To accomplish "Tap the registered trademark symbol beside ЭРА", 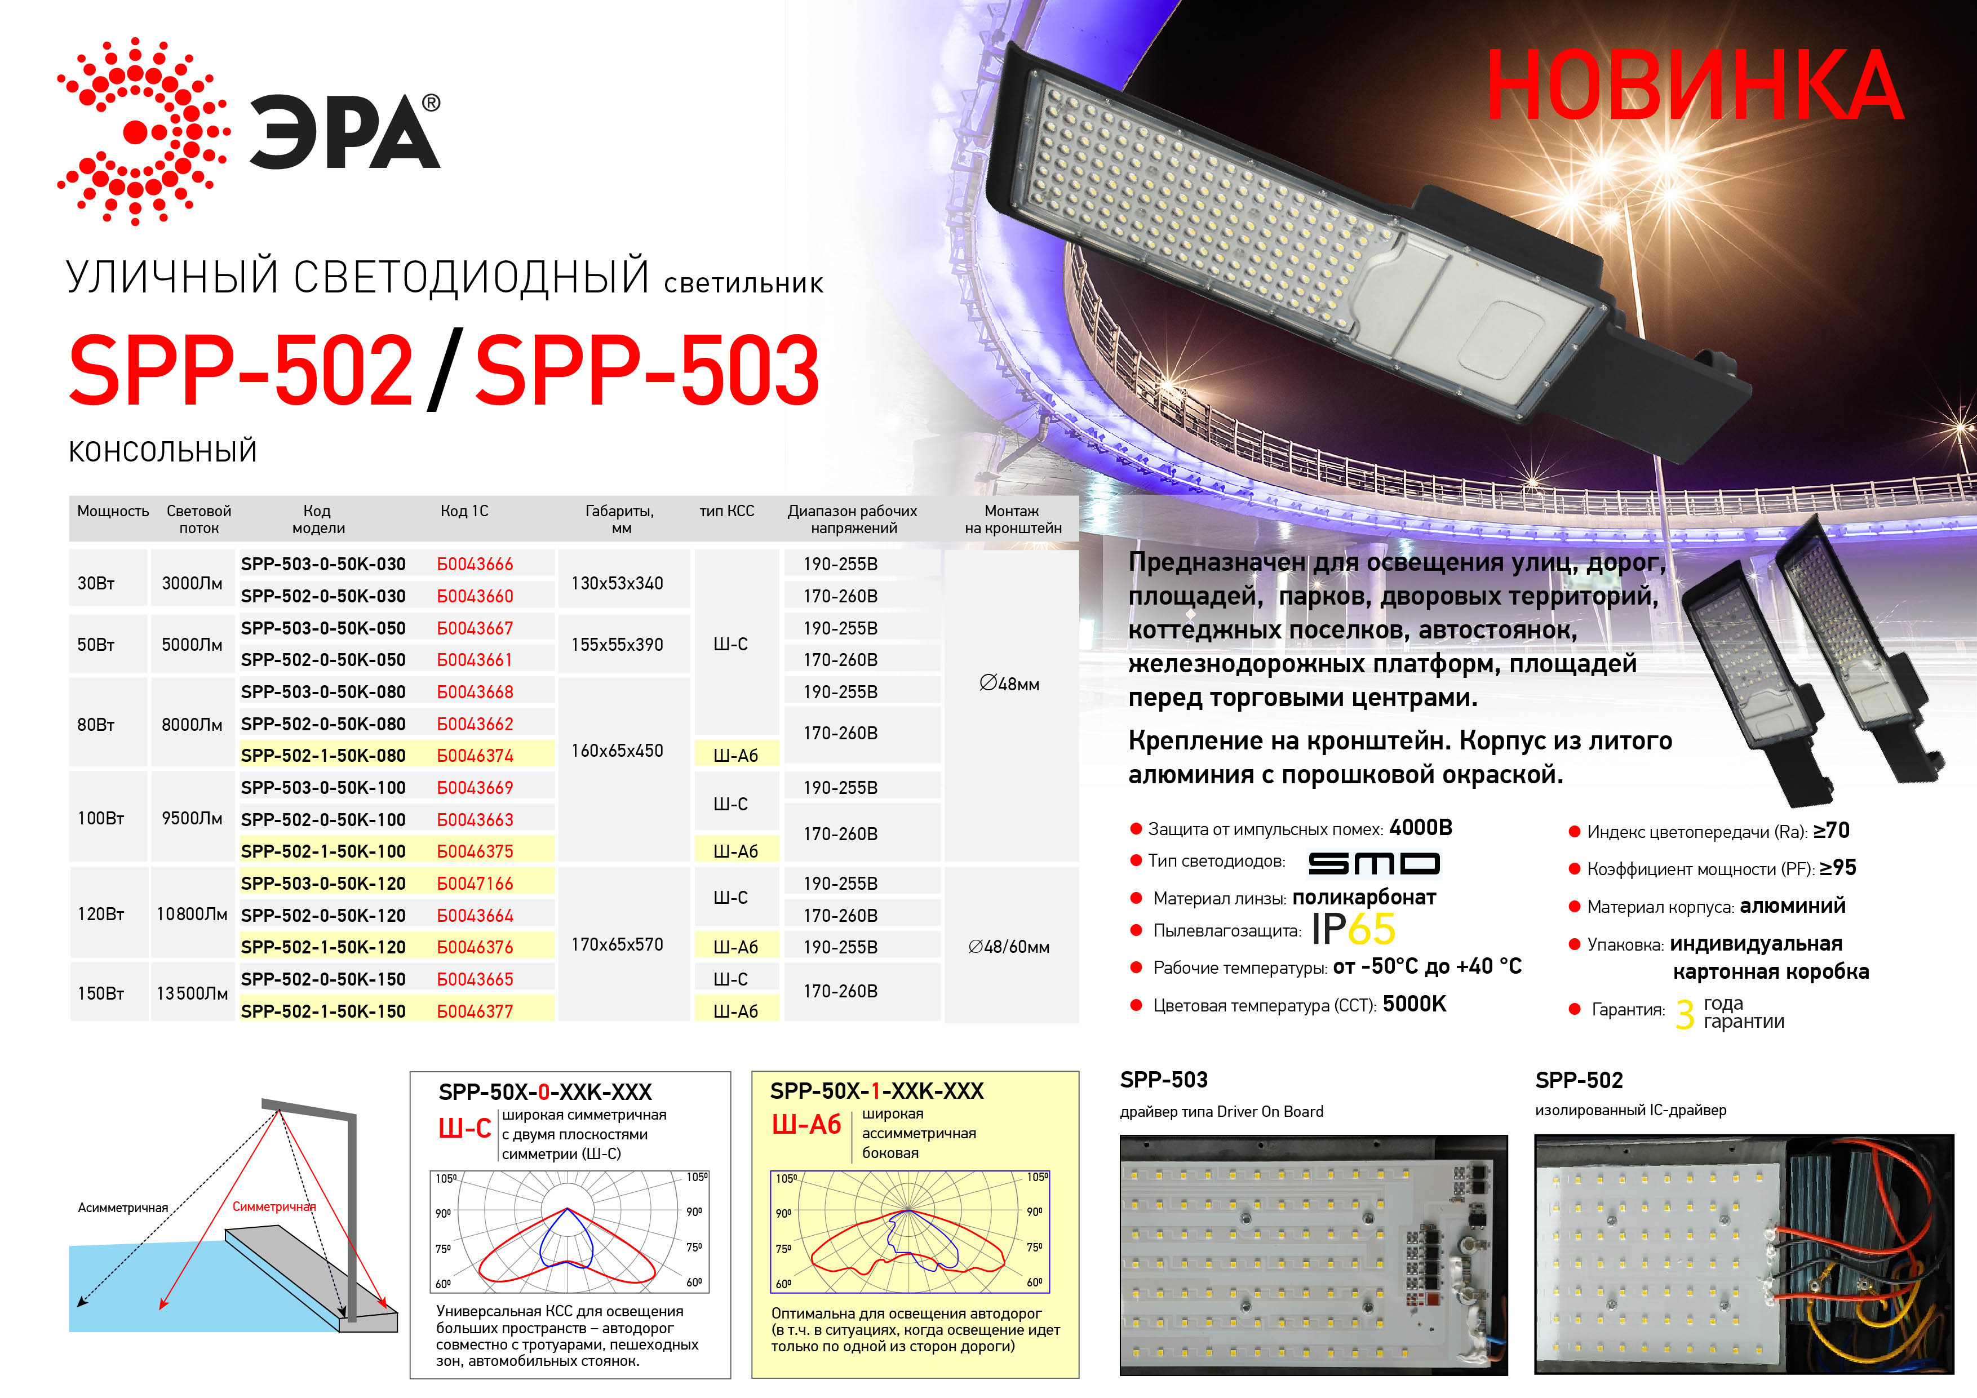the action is [x=431, y=103].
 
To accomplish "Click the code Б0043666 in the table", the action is [x=475, y=564].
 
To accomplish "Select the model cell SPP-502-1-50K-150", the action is [x=323, y=1011].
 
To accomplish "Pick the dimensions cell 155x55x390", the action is [x=617, y=644].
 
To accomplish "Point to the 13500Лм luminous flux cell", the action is [x=192, y=993].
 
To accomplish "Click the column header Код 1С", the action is [x=464, y=511].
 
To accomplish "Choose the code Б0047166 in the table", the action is [x=475, y=883].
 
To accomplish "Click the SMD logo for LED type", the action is [x=1373, y=863].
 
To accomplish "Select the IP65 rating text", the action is [x=1353, y=929].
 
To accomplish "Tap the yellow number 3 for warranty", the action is [x=1685, y=1014].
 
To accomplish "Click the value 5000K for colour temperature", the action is [x=1414, y=1004].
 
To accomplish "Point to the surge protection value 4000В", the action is [x=1421, y=827].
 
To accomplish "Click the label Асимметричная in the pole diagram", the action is [x=122, y=1208].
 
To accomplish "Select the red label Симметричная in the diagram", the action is [x=274, y=1207].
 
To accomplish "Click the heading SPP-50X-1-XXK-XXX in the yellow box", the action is [x=876, y=1091].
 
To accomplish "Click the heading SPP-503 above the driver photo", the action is [x=1163, y=1080].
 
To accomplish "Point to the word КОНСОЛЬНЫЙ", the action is [x=163, y=451].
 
